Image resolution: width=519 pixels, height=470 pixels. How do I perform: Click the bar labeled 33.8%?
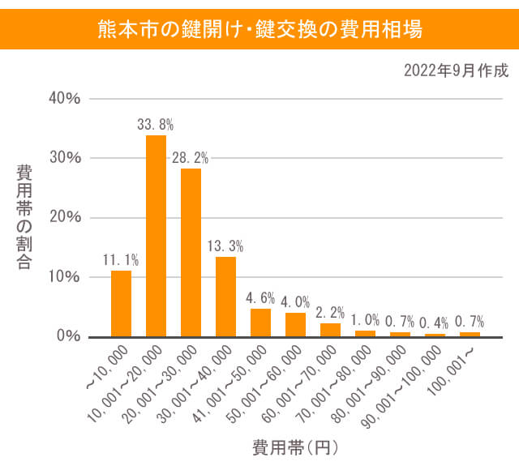[x=156, y=235]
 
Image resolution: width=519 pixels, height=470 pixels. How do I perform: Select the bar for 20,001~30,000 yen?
[x=191, y=252]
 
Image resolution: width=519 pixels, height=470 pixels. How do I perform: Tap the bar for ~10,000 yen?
[x=121, y=303]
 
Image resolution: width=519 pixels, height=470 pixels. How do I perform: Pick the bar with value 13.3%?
[x=225, y=296]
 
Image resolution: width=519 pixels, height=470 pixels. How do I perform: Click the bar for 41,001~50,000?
[x=260, y=322]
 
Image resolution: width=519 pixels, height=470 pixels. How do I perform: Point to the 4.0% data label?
[x=295, y=302]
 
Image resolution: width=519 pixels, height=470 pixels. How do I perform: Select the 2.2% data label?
[x=330, y=313]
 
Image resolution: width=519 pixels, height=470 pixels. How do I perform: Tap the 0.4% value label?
[x=435, y=323]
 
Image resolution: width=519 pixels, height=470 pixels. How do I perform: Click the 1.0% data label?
[x=365, y=320]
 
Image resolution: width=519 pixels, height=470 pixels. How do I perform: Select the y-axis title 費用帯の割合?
[x=25, y=217]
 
